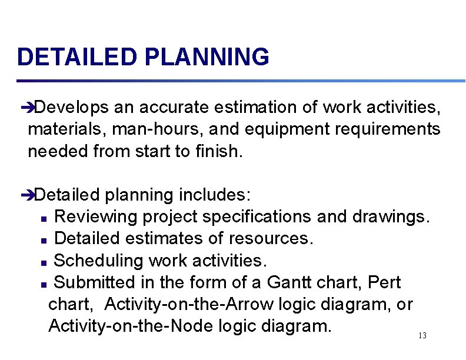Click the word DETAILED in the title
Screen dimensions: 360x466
point(77,58)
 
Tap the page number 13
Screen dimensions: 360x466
point(422,335)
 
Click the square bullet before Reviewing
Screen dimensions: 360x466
point(45,218)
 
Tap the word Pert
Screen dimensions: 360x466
point(384,282)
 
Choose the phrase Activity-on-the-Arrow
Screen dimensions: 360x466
point(191,304)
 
